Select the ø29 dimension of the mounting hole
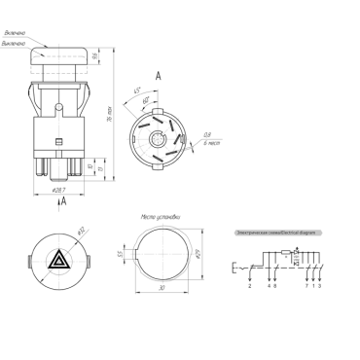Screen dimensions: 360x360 pyautogui.click(x=197, y=254)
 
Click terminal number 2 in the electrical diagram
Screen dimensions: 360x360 pyautogui.click(x=250, y=286)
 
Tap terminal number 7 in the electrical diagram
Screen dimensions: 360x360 pyautogui.click(x=306, y=286)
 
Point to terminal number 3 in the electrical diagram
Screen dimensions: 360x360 pyautogui.click(x=321, y=286)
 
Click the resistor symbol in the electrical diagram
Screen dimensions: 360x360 pyautogui.click(x=284, y=252)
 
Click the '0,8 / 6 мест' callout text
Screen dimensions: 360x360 pyautogui.click(x=206, y=138)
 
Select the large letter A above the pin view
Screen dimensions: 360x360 pyautogui.click(x=159, y=74)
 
